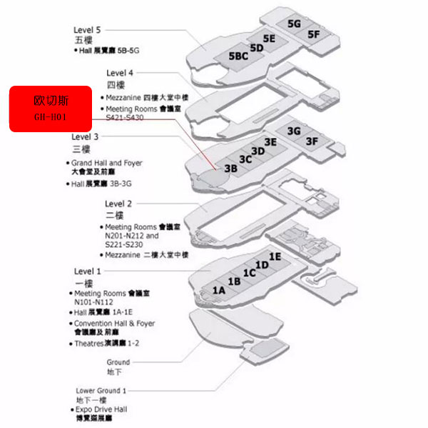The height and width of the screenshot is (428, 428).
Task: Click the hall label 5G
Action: [x=295, y=24]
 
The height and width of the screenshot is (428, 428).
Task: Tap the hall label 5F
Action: [x=314, y=34]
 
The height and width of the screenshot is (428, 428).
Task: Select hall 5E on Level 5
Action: [x=269, y=39]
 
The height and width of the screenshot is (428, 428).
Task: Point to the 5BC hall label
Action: [x=238, y=56]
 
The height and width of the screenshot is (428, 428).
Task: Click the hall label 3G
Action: [x=293, y=131]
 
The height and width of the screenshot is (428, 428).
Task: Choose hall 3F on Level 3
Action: [x=312, y=141]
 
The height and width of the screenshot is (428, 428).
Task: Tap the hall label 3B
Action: [x=230, y=169]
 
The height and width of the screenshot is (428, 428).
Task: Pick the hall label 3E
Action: [x=270, y=142]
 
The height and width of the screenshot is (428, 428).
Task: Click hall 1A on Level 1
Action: [x=219, y=290]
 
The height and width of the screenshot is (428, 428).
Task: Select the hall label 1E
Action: [x=275, y=256]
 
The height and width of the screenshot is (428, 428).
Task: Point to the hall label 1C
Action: [x=249, y=273]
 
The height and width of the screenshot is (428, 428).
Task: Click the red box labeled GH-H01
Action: [x=50, y=109]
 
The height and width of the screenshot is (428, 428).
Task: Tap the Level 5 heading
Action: [x=87, y=30]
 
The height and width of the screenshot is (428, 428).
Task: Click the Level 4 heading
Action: [x=120, y=73]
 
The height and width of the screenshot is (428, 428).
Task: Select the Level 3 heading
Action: [x=86, y=136]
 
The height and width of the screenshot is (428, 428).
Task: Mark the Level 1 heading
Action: [x=88, y=271]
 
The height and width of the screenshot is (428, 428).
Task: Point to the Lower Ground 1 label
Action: [x=101, y=390]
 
